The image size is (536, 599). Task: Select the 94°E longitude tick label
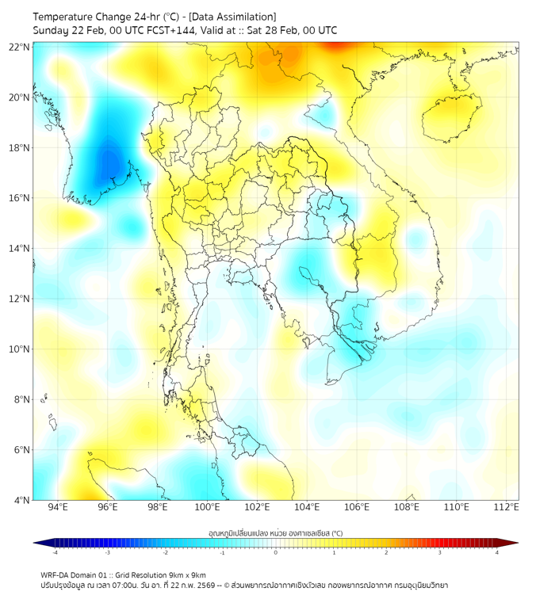pyautogui.click(x=58, y=507)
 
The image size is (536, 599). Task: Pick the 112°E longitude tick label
pyautogui.click(x=507, y=507)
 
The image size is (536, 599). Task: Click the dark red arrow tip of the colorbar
pyautogui.click(x=513, y=543)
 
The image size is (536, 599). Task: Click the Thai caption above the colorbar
pyautogui.click(x=275, y=532)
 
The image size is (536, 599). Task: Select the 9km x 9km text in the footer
pyautogui.click(x=186, y=574)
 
